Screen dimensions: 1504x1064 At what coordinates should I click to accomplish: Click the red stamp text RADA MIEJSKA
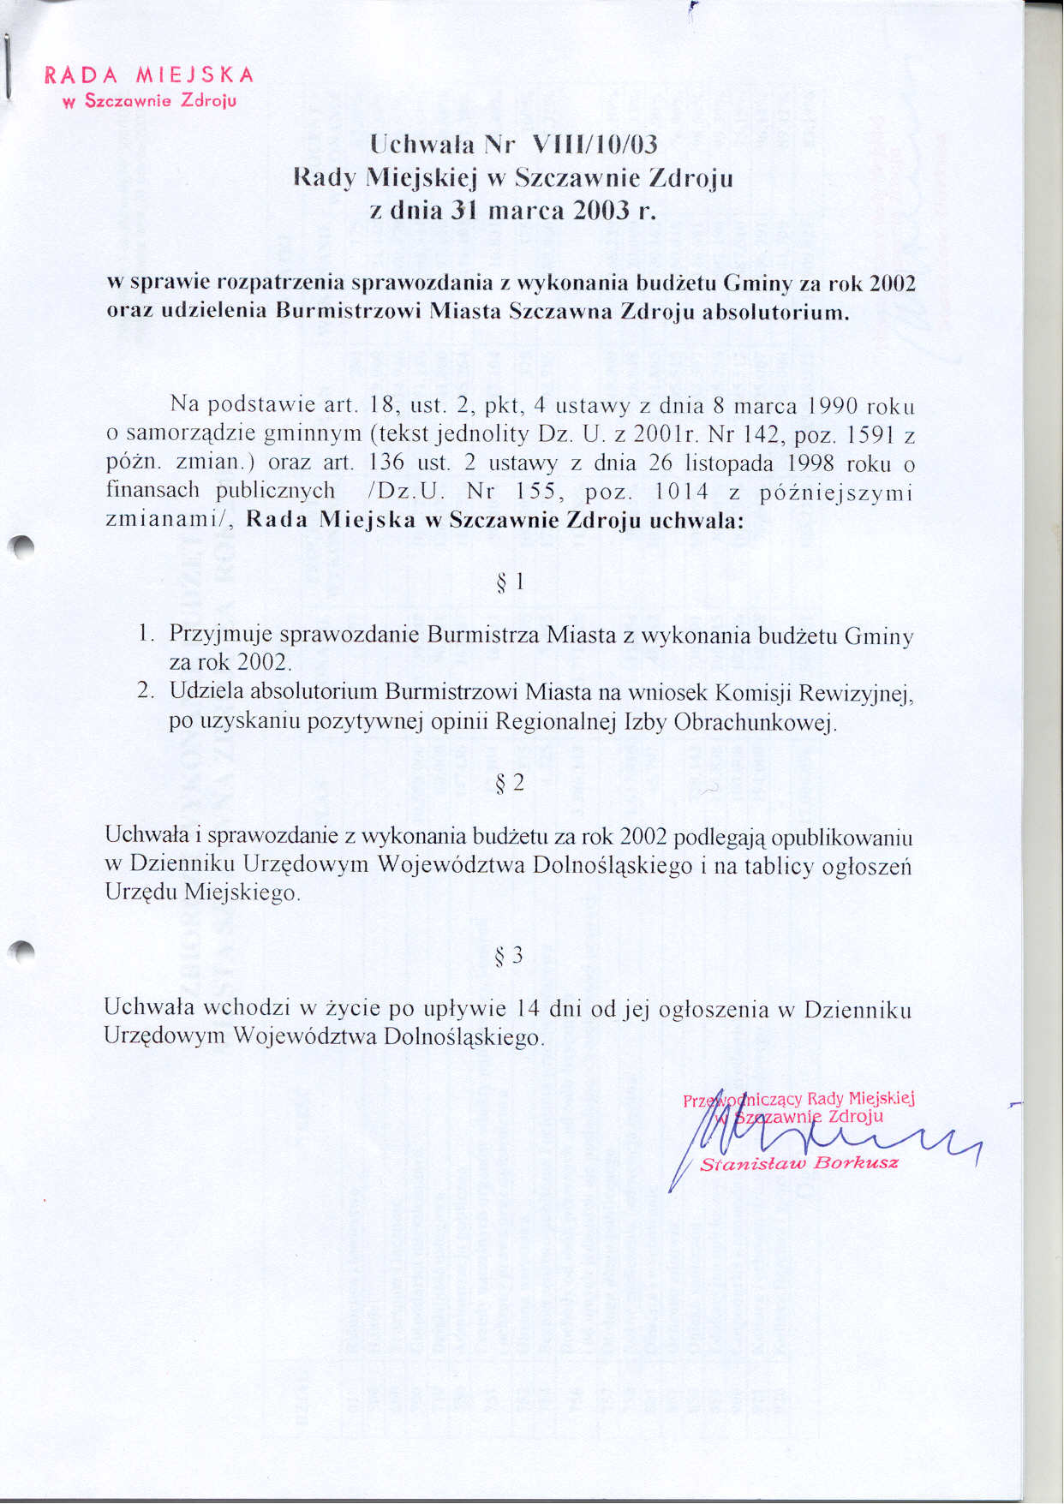point(149,75)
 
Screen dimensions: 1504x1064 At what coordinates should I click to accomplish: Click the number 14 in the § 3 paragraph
point(529,1008)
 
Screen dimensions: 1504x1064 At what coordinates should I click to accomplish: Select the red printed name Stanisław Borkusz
point(799,1163)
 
